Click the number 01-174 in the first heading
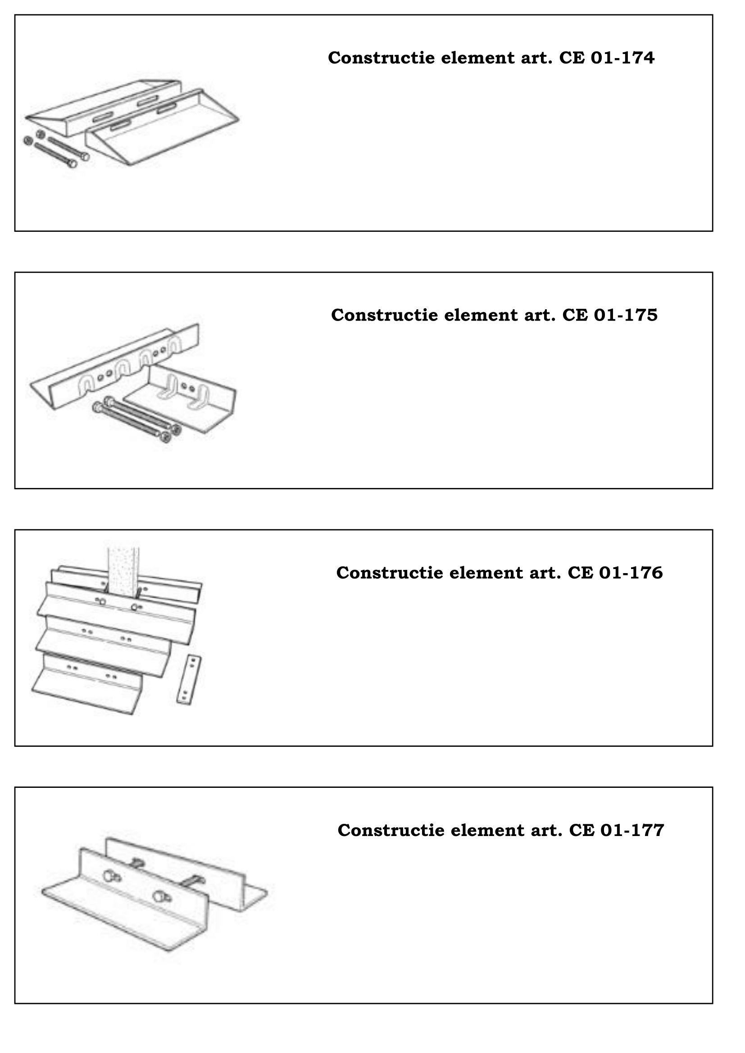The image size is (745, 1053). click(622, 58)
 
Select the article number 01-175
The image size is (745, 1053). click(626, 315)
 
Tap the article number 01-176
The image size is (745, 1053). click(631, 573)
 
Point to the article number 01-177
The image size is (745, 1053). click(632, 831)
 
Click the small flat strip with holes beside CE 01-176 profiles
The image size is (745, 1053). click(189, 680)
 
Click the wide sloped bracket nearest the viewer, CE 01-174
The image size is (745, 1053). click(163, 128)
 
